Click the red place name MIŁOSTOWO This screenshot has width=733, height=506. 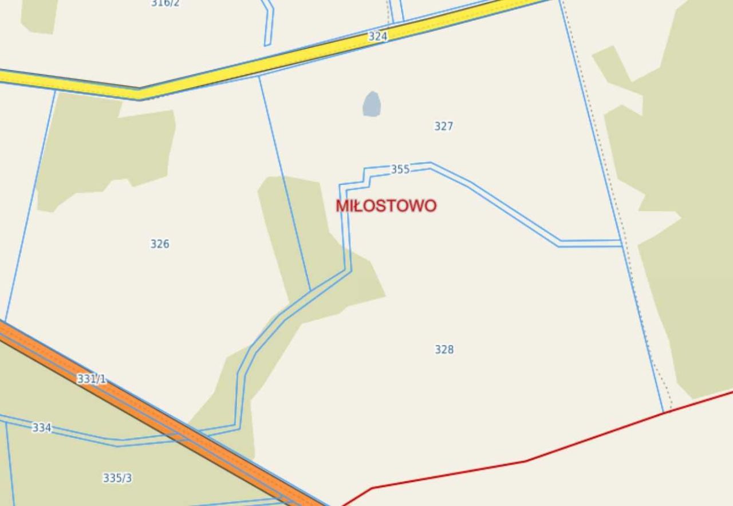(386, 206)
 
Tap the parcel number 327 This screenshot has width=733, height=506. (444, 126)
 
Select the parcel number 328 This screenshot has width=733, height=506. (444, 349)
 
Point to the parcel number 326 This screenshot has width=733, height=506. (160, 244)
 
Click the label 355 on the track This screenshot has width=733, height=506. (400, 169)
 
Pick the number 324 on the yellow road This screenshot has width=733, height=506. (377, 36)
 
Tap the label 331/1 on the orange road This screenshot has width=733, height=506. (92, 379)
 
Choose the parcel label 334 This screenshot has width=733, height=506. (41, 427)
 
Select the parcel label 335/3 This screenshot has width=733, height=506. (117, 478)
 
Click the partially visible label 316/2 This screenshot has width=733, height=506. (165, 3)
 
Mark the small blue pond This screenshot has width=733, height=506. (372, 104)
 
